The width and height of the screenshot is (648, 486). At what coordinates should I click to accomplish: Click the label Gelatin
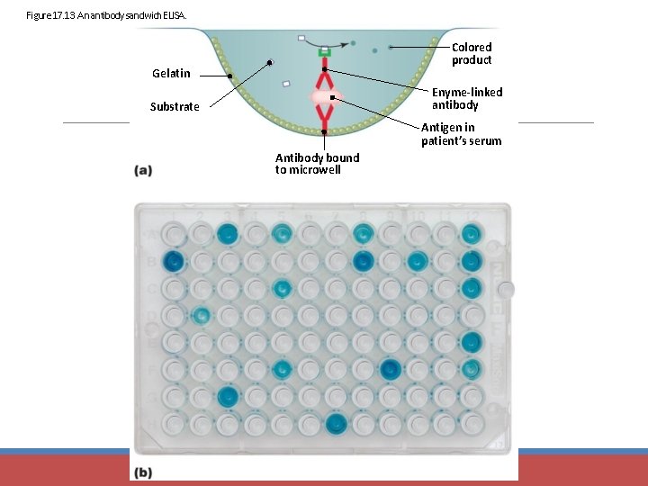point(171,73)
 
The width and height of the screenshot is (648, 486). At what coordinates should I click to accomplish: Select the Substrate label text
point(175,106)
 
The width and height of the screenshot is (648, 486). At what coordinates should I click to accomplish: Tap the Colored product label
point(472,53)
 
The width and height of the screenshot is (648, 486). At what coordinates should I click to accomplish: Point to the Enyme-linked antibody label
point(467,98)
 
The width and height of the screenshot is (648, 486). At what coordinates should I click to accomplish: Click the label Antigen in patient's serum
point(461,134)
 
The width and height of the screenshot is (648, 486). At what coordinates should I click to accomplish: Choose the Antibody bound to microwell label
point(317,164)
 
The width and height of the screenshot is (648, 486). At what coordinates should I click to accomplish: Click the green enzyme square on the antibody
point(323,53)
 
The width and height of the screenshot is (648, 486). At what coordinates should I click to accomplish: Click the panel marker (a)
point(143,169)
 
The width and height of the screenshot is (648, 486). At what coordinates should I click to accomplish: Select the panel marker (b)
point(143,472)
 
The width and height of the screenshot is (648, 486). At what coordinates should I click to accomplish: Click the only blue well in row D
point(201,315)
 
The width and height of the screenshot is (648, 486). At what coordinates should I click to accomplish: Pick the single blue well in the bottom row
point(336,422)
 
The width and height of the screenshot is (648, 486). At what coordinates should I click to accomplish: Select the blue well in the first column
point(174,262)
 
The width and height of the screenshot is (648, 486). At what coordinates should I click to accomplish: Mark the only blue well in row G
point(228,395)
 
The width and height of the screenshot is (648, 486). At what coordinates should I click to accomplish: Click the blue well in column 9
point(390,368)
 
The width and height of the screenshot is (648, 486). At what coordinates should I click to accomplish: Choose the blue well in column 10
point(417,262)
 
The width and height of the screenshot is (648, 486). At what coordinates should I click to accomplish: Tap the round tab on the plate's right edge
point(508,289)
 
